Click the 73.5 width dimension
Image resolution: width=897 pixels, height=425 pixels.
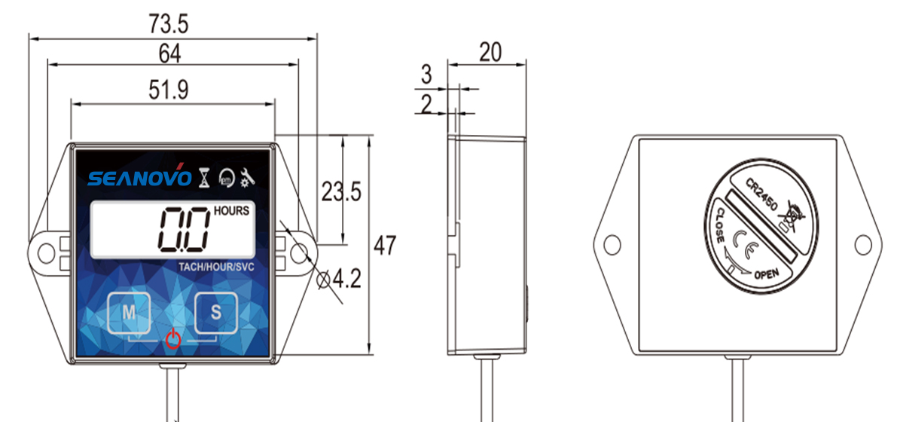coord(169,25)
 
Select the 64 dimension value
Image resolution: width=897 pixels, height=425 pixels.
coord(170,54)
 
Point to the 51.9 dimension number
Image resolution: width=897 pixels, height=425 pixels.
coord(169,90)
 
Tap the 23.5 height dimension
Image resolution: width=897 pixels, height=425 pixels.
coord(341,192)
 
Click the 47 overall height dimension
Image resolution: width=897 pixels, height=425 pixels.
coord(385,246)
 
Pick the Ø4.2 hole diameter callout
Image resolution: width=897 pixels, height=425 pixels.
coord(338,279)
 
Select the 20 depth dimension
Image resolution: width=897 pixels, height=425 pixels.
coord(490,52)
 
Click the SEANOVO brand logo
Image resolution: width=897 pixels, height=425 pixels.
coord(139,178)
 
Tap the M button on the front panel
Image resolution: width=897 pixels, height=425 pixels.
coord(130,312)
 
